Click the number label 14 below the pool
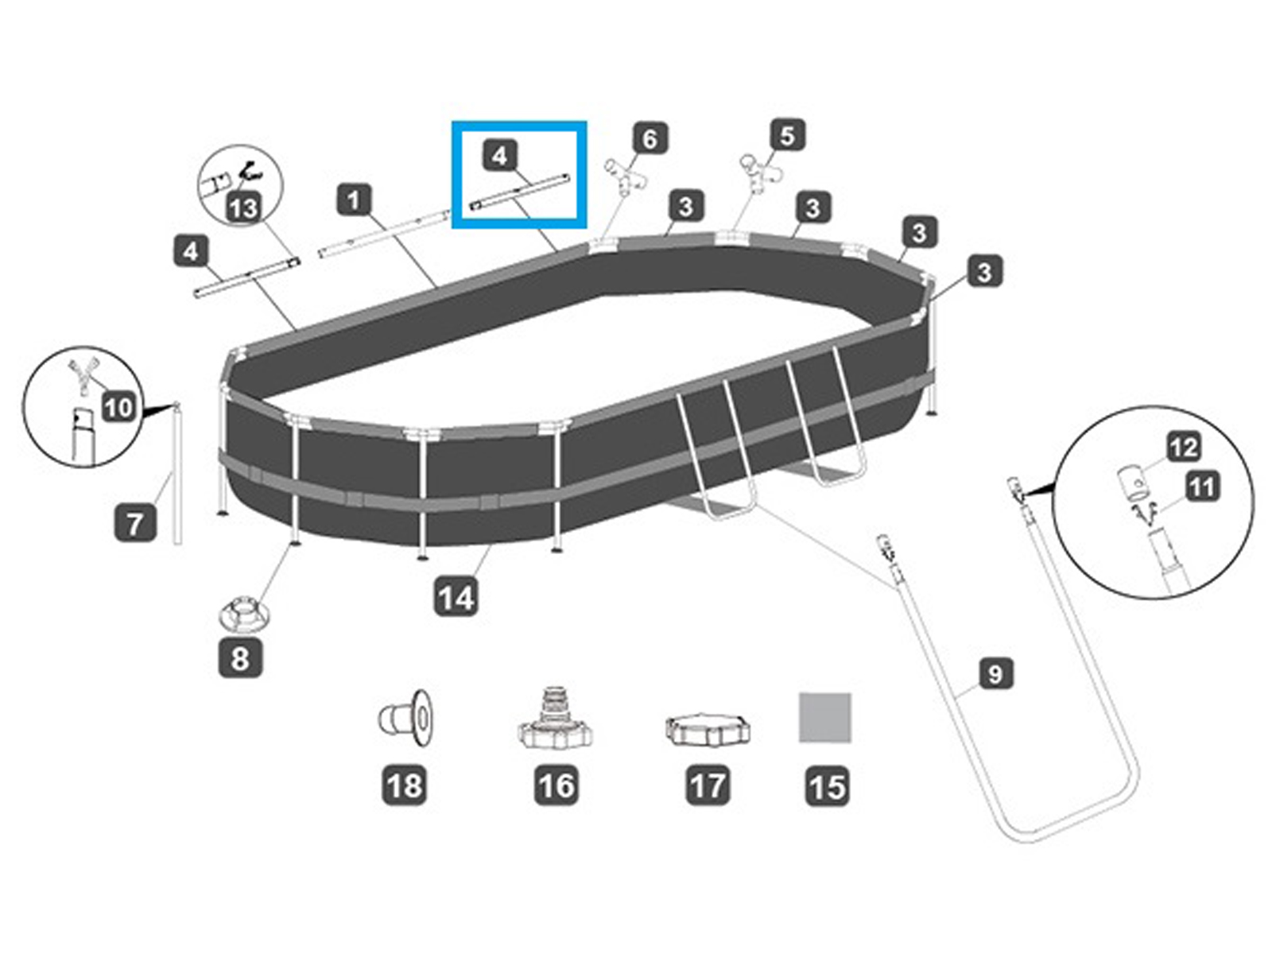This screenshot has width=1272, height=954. pyautogui.click(x=456, y=597)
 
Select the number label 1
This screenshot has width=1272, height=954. pyautogui.click(x=355, y=200)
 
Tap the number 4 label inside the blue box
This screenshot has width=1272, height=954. pyautogui.click(x=499, y=155)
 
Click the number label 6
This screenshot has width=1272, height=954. pyautogui.click(x=650, y=139)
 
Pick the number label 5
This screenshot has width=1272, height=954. pyautogui.click(x=787, y=135)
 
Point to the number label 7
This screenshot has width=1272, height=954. pyautogui.click(x=135, y=523)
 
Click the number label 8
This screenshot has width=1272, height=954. pyautogui.click(x=240, y=658)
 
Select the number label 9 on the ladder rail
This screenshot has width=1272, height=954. pyautogui.click(x=995, y=674)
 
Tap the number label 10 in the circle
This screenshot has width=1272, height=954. pyautogui.click(x=118, y=408)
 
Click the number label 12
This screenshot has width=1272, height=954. pyautogui.click(x=1183, y=447)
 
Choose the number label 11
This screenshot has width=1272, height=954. pyautogui.click(x=1201, y=486)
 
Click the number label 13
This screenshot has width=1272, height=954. pyautogui.click(x=244, y=208)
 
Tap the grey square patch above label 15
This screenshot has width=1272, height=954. pyautogui.click(x=825, y=717)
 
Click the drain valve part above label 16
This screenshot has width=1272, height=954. pyautogui.click(x=555, y=719)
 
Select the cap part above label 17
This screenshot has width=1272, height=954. pyautogui.click(x=707, y=729)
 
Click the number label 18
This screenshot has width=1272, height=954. pyautogui.click(x=404, y=785)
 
